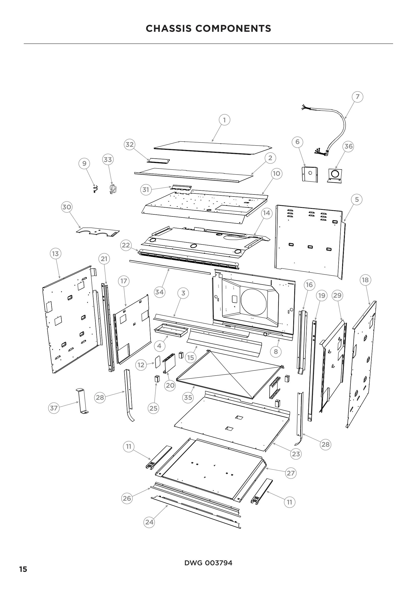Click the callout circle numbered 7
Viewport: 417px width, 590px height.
coord(358,97)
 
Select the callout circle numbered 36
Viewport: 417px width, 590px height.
coord(348,146)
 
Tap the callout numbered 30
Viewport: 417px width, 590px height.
coord(67,207)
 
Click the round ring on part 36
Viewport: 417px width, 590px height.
coord(335,174)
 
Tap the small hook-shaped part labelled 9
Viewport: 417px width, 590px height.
coord(96,189)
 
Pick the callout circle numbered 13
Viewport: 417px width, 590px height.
coord(55,254)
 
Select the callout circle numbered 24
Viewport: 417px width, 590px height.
coord(149,522)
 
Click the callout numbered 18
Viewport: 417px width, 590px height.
coord(365,280)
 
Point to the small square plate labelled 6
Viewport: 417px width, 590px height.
coord(310,174)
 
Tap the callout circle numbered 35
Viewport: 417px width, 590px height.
coord(188,397)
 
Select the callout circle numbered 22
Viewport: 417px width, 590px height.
coord(126,245)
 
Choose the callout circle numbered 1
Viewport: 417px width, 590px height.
coord(224,120)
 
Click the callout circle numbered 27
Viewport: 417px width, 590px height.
coord(291,473)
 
